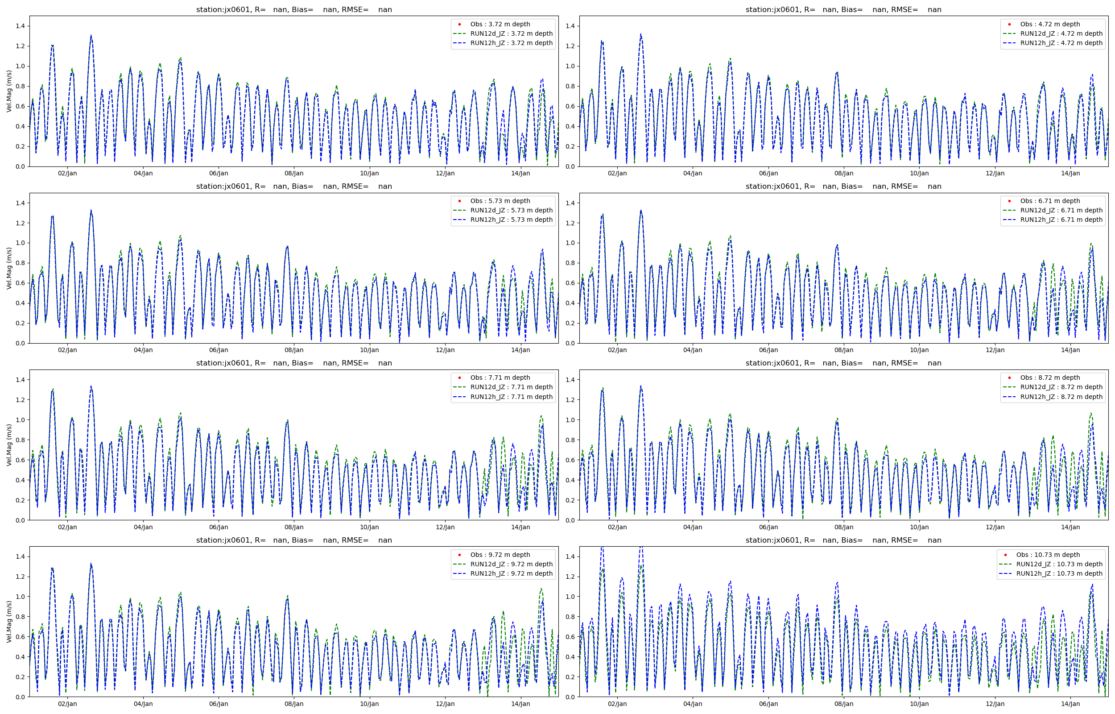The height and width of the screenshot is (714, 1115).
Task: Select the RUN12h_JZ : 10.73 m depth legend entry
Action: [x=1059, y=573]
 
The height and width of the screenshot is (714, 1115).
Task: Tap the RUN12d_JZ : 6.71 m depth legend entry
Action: [x=1061, y=210]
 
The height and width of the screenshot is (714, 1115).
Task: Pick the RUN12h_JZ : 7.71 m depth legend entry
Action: [x=512, y=396]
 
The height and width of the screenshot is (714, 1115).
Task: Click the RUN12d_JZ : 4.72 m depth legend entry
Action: [x=1061, y=33]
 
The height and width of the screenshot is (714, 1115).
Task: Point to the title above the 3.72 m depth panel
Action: [x=293, y=9]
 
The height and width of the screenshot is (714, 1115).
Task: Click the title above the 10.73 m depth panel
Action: [x=843, y=540]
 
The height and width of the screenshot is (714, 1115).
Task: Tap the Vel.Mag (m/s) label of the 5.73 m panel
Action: [x=9, y=268]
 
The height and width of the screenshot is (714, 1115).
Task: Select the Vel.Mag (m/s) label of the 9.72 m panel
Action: [x=9, y=622]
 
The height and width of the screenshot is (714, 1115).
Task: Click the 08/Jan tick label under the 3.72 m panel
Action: [x=293, y=174]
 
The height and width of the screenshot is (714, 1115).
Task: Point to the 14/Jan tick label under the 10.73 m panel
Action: [x=1070, y=704]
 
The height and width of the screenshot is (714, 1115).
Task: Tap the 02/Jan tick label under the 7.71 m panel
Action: [x=67, y=527]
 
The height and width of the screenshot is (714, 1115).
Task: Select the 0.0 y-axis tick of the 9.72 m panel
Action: [x=21, y=697]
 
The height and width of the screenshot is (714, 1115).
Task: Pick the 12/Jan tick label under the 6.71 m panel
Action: [x=995, y=350]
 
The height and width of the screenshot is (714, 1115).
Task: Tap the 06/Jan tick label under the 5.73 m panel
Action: [x=218, y=350]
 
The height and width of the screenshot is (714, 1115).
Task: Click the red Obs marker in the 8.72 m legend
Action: [x=1009, y=378]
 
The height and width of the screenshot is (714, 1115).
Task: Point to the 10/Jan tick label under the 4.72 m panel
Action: [x=919, y=174]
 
